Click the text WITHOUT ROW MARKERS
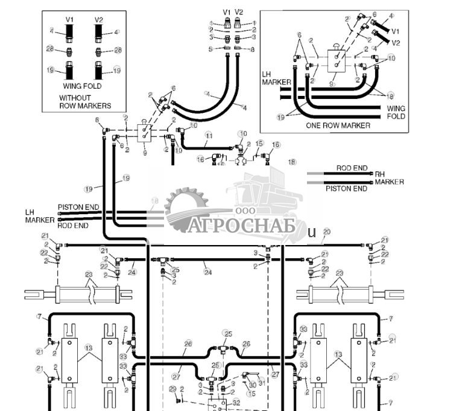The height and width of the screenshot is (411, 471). [x=84, y=101]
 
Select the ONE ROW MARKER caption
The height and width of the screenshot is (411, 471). [x=338, y=126]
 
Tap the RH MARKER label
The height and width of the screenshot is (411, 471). [x=389, y=177]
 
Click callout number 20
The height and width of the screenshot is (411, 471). [x=326, y=232]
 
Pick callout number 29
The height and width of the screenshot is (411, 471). [x=172, y=389]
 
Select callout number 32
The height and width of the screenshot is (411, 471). [x=237, y=402]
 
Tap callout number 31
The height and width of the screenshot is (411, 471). [x=262, y=383]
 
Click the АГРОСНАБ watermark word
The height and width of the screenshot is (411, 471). [x=241, y=225]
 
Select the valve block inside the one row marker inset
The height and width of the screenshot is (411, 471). [x=335, y=62]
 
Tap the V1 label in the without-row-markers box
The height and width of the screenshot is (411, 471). [x=69, y=20]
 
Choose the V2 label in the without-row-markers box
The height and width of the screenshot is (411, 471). [x=99, y=20]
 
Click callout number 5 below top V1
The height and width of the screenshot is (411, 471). [x=210, y=49]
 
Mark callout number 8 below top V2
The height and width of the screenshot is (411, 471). [x=252, y=49]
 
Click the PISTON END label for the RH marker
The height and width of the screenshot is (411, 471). [x=347, y=188]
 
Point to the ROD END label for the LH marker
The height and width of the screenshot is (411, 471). [x=73, y=225]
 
